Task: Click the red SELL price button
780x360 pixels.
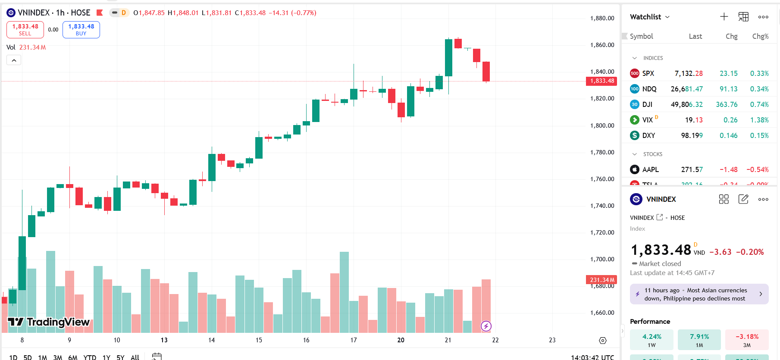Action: pos(25,30)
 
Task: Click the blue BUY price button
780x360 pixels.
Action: pos(81,30)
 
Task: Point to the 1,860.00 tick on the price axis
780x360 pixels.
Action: pos(602,45)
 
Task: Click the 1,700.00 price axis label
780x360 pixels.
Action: pos(602,259)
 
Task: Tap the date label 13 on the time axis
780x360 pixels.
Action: pos(164,340)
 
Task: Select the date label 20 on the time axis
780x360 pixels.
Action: pos(401,340)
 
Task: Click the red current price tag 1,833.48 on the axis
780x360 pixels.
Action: pos(601,81)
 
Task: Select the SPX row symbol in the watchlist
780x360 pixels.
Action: pos(648,73)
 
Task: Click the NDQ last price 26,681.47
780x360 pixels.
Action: pos(686,89)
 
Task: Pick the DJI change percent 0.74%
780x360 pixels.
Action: pos(759,104)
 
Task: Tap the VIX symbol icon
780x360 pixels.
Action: pos(635,120)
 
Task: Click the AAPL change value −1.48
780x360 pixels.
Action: pos(728,169)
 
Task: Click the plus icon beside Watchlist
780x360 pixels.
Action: pos(724,17)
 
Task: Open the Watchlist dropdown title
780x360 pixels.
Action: pos(649,17)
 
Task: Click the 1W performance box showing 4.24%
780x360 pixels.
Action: pos(652,340)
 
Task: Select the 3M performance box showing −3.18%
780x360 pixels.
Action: pos(747,340)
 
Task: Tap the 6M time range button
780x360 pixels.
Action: pos(73,357)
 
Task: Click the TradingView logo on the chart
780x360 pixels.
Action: pos(49,322)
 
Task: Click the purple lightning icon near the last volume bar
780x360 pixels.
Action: pos(486,326)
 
